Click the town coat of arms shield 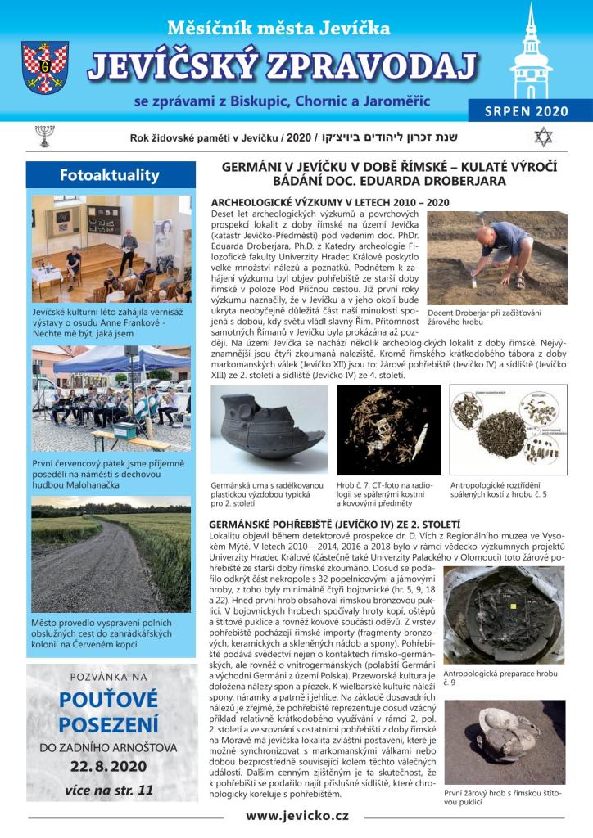(x=44, y=68)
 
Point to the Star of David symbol (x=542, y=136)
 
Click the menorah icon (x=44, y=136)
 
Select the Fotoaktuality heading (x=110, y=175)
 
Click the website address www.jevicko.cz (x=296, y=815)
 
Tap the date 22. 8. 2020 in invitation (x=109, y=766)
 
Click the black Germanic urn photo (x=268, y=430)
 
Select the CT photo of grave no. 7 (x=388, y=430)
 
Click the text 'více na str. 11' (x=109, y=791)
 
